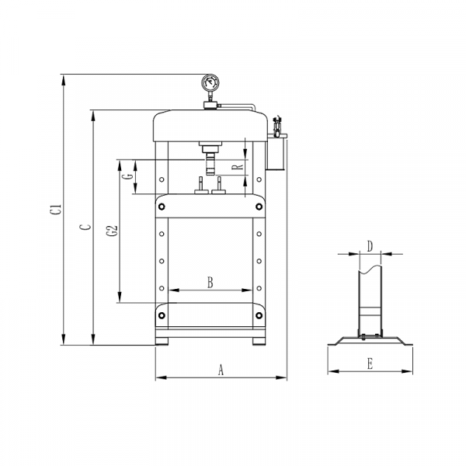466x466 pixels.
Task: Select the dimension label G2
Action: (113, 231)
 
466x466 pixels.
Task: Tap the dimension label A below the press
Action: (221, 370)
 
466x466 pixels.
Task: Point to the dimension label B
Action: (210, 283)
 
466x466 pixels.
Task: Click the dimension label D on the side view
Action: (370, 246)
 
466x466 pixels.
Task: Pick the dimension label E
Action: (370, 363)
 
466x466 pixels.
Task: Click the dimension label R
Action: (238, 167)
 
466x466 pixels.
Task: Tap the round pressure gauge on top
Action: (210, 83)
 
